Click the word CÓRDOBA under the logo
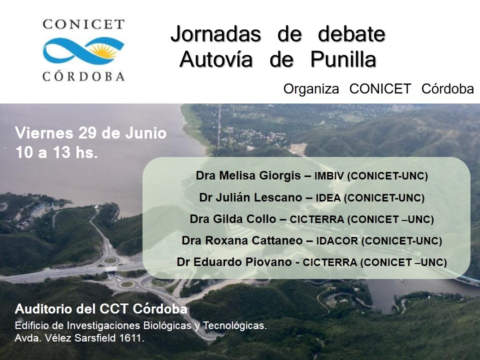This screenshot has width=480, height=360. [x=83, y=76]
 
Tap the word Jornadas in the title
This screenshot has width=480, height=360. [x=216, y=34]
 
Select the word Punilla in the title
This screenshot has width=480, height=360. [x=343, y=59]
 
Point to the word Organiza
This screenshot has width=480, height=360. [x=311, y=89]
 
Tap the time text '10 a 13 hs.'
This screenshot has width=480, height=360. [x=56, y=152]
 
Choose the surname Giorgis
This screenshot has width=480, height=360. [x=280, y=175]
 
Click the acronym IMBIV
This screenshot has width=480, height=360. [x=329, y=176]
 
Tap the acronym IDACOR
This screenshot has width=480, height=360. [x=336, y=241]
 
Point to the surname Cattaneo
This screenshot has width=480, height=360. [x=277, y=240]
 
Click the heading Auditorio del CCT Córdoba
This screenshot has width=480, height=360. [x=101, y=309]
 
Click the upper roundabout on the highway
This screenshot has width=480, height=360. [x=110, y=261]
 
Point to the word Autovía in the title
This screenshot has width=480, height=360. [x=216, y=59]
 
